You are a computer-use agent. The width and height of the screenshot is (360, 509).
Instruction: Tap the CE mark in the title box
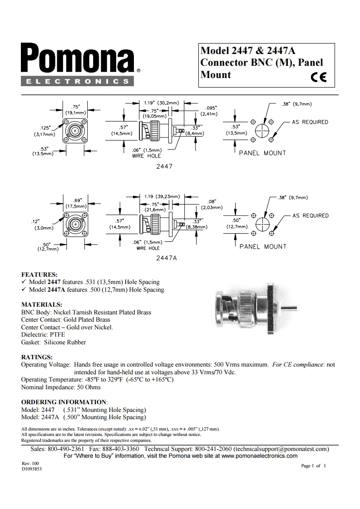[319, 77]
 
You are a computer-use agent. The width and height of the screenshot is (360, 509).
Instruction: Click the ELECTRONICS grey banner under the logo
[77, 82]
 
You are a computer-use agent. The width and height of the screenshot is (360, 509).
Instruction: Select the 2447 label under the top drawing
[164, 166]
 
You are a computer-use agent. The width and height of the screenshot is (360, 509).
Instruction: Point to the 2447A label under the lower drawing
[165, 258]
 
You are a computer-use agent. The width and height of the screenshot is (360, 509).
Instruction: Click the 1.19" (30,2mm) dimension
[161, 103]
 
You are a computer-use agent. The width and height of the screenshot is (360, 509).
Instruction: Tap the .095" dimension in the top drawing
[211, 108]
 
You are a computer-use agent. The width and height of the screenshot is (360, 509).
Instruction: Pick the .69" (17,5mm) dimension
[76, 203]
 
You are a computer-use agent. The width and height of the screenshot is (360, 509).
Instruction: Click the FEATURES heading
[39, 274]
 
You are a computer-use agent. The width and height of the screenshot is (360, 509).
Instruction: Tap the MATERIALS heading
[42, 304]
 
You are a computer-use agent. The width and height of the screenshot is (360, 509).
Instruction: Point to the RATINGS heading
[37, 357]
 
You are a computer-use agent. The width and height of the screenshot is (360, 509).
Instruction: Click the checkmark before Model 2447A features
[25, 290]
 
